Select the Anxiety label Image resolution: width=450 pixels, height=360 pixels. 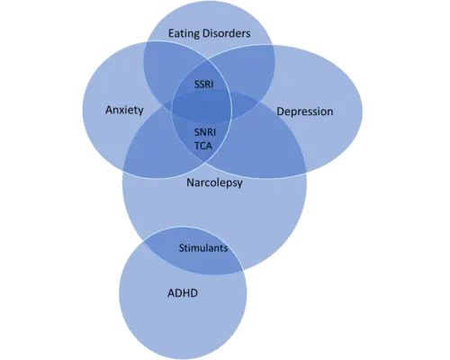(x=124, y=110)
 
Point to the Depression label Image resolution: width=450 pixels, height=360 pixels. (x=305, y=112)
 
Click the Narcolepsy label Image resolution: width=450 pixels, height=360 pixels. (x=214, y=183)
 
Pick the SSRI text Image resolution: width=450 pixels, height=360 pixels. (x=204, y=85)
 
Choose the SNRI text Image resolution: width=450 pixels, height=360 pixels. (x=205, y=132)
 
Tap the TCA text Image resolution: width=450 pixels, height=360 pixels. (x=203, y=146)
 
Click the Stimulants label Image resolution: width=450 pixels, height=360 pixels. (x=203, y=248)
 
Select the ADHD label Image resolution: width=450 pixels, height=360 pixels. (x=183, y=292)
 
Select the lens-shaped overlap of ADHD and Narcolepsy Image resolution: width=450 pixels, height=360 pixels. (x=192, y=252)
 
